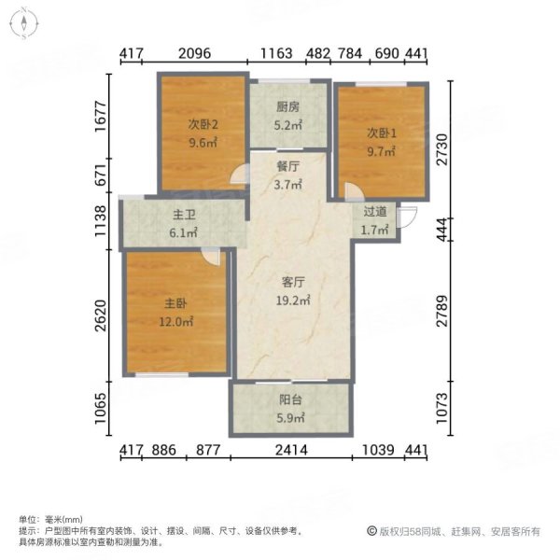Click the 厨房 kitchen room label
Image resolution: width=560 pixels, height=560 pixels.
[x=288, y=107]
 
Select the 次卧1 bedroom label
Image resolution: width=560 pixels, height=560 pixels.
[x=381, y=133]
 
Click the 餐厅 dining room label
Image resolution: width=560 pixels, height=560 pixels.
[x=288, y=166]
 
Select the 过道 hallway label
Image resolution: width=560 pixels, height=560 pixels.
[x=375, y=212]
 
